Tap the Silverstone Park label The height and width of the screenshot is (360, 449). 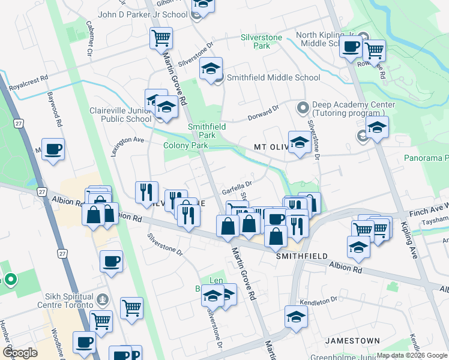261,41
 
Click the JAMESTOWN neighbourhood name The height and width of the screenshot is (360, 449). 352,341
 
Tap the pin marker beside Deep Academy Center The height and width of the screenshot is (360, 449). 303,108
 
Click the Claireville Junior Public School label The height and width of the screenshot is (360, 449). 120,115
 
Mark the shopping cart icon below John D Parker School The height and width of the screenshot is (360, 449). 161,38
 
